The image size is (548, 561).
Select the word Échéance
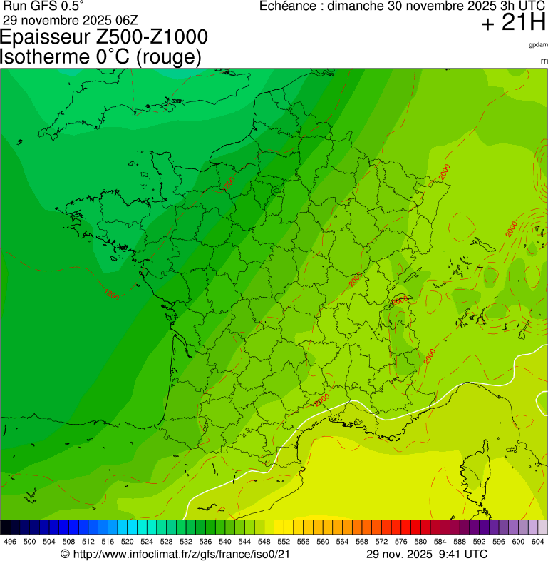[x=288, y=6]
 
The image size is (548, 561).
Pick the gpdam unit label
[x=538, y=45]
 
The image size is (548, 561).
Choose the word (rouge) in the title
[x=167, y=56]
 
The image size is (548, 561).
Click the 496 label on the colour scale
[x=10, y=542]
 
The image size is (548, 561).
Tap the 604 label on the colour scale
[x=538, y=542]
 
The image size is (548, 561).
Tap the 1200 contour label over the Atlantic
[x=111, y=294]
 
